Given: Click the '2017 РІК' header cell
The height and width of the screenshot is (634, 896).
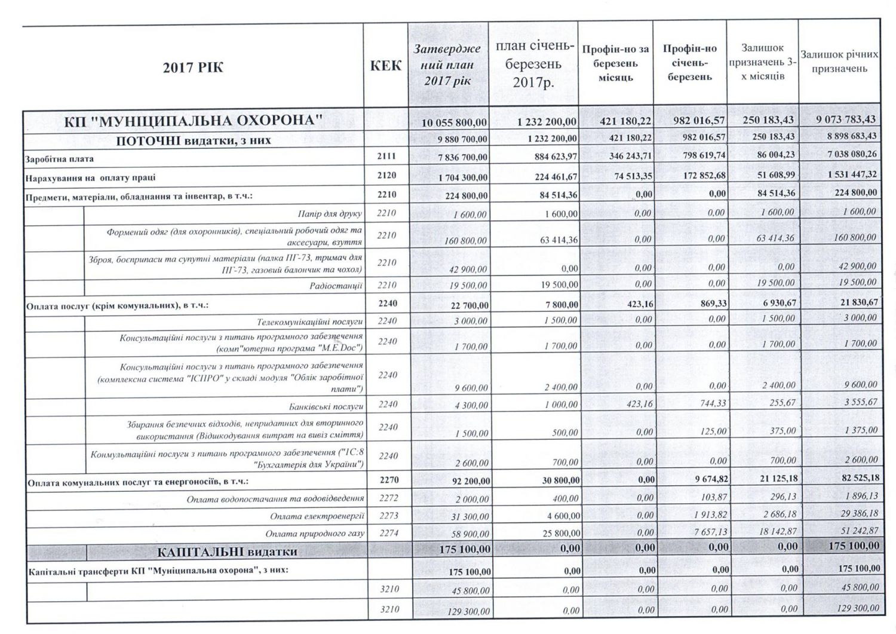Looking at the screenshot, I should (193, 68).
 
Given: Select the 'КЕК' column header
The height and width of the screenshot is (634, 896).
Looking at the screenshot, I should (386, 66).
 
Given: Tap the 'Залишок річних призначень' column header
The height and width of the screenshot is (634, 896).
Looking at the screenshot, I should (839, 62).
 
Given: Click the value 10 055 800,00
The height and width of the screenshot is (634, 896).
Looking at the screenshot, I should (455, 122).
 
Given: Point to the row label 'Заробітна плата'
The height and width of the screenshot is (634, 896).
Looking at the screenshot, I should (60, 160).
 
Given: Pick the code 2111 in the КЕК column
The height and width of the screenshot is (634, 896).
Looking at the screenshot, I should (386, 157).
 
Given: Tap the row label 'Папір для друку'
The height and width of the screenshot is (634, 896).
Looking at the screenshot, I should (330, 213).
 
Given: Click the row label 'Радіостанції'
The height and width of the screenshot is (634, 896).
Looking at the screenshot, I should (336, 286).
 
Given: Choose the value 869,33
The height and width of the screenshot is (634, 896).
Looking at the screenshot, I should (713, 304).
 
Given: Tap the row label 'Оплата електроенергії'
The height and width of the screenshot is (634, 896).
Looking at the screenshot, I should (317, 516).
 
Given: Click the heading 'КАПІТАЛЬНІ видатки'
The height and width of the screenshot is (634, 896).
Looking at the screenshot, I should (227, 551).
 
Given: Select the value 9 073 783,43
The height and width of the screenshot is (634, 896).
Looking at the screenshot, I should (846, 120).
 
